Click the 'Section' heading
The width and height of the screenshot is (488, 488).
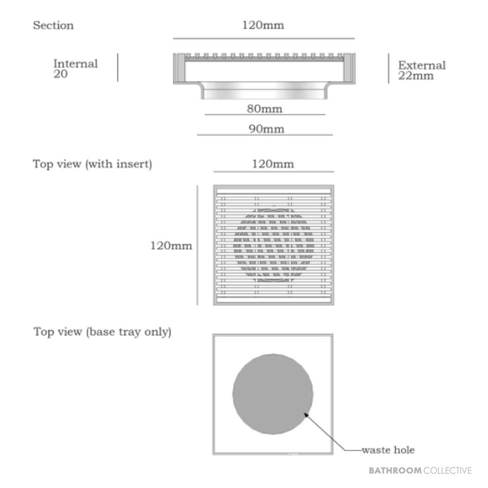point(53,25)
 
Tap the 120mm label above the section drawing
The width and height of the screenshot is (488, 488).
point(263,25)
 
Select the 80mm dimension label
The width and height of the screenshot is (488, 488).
point(264,109)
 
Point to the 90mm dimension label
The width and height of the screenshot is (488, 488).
point(266,129)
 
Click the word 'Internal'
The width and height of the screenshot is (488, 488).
point(76,63)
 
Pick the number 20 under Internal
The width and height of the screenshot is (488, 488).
point(61,74)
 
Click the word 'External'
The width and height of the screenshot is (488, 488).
point(422,65)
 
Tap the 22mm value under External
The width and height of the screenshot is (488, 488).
point(416,76)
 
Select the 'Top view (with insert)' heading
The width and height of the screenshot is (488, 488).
point(92,164)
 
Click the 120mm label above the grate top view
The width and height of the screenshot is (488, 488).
point(273,163)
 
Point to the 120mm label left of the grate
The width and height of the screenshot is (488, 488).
point(171,245)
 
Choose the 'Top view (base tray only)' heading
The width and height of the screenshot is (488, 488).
point(102,332)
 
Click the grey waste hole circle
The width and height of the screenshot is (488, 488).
point(273,394)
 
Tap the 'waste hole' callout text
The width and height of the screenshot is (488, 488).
point(388,450)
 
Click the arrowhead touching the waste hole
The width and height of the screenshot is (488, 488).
point(306,415)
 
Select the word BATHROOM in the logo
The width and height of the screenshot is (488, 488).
point(395,470)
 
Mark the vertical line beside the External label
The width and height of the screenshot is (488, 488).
point(388,68)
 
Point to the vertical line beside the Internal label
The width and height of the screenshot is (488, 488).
point(118,67)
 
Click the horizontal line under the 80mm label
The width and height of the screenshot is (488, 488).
point(265,115)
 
